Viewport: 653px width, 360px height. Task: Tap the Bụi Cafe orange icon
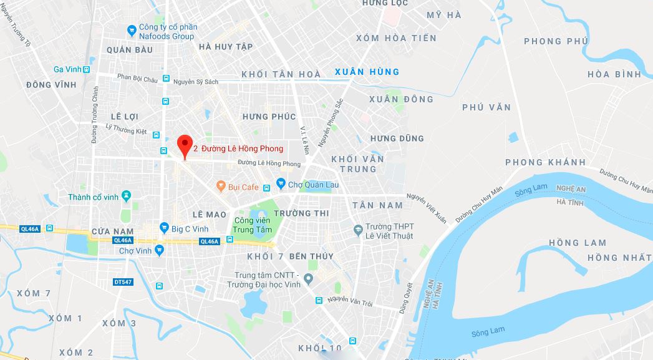tap(220, 186)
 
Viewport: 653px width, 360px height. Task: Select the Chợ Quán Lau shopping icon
tap(281, 184)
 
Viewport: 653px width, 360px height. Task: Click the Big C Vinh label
tap(190, 228)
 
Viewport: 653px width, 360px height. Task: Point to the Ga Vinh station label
tap(67, 69)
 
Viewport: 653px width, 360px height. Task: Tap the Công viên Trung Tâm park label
tap(253, 225)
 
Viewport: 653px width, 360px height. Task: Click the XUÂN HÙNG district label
tap(367, 72)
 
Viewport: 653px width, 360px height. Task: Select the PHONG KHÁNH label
tap(546, 162)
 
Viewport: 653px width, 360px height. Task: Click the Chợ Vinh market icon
tap(160, 251)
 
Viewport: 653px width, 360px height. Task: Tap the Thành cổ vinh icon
tap(127, 197)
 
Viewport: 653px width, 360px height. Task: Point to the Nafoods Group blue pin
tap(131, 29)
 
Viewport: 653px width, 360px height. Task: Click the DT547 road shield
tap(123, 282)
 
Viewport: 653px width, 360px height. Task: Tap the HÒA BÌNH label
tap(614, 74)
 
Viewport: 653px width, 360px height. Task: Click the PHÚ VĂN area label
tap(486, 107)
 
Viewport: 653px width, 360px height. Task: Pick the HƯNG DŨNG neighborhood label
tap(397, 139)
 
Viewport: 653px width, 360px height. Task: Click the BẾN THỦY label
tap(311, 256)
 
